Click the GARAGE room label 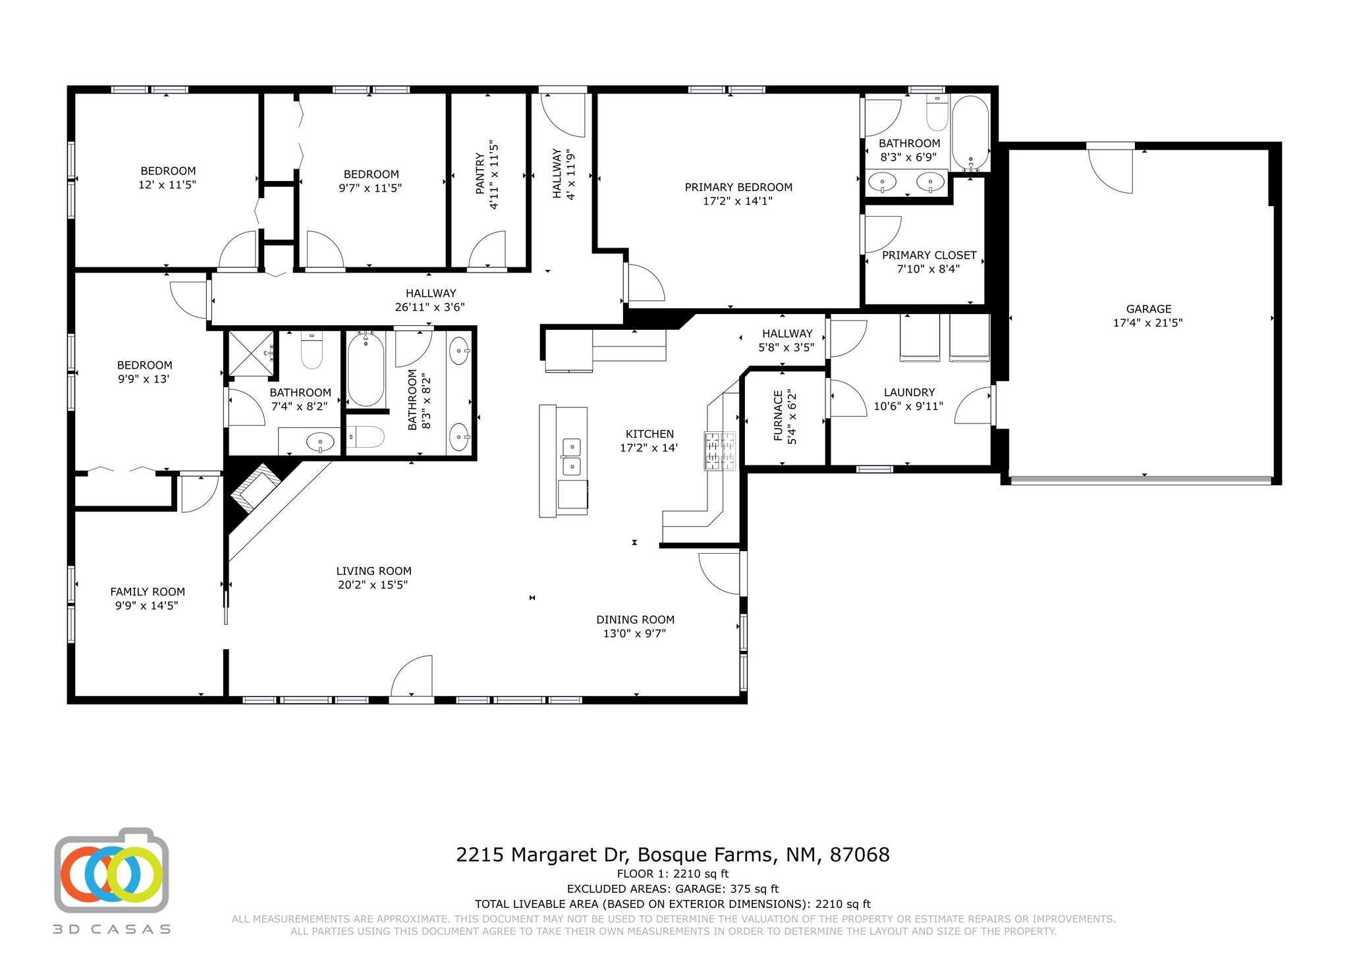[1149, 309]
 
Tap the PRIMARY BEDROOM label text [738, 187]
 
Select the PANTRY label [480, 174]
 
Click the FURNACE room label [779, 416]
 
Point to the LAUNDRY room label [909, 392]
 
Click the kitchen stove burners [720, 451]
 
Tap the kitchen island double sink [572, 457]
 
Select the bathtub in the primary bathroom [970, 134]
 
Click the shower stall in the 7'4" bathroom [251, 354]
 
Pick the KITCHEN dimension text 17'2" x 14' [649, 448]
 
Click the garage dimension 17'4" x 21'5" [1149, 323]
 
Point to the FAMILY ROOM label [148, 592]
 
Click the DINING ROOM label [636, 620]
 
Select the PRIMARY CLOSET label [929, 255]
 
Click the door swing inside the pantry [487, 250]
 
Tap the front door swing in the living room [412, 676]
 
